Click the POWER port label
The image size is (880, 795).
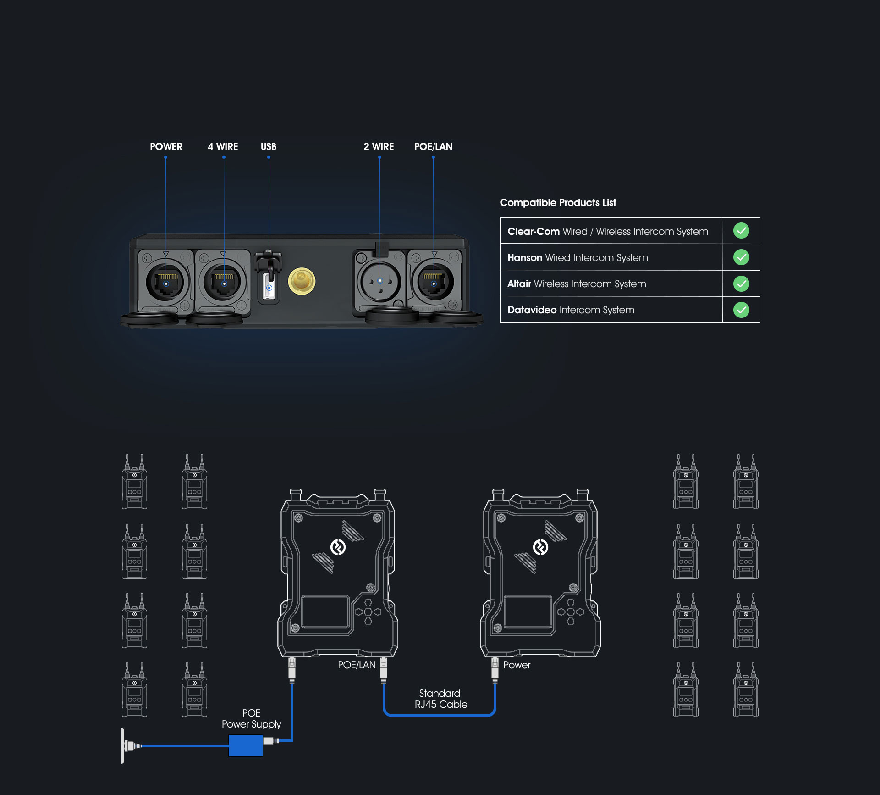pos(166,146)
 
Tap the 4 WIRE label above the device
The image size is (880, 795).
pos(223,146)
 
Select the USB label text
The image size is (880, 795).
pos(269,146)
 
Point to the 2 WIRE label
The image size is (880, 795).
pos(379,146)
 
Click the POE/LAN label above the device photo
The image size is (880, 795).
pos(433,146)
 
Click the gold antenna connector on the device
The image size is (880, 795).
pos(302,281)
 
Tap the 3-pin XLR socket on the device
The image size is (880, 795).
pos(380,281)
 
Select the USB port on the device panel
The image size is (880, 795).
pos(269,287)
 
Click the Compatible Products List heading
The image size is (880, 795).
pos(558,202)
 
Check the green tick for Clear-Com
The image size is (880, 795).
pos(741,231)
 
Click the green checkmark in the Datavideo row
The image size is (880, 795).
pos(741,310)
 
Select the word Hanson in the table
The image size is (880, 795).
pos(525,258)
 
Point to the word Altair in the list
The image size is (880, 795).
pos(519,284)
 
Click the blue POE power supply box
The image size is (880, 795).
pos(246,745)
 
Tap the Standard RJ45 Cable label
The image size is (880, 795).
pos(441,699)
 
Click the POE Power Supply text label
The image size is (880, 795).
pos(251,718)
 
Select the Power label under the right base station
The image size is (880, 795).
pos(517,665)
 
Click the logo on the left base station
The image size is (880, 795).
pos(338,547)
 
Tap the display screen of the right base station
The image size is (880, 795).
pos(528,612)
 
